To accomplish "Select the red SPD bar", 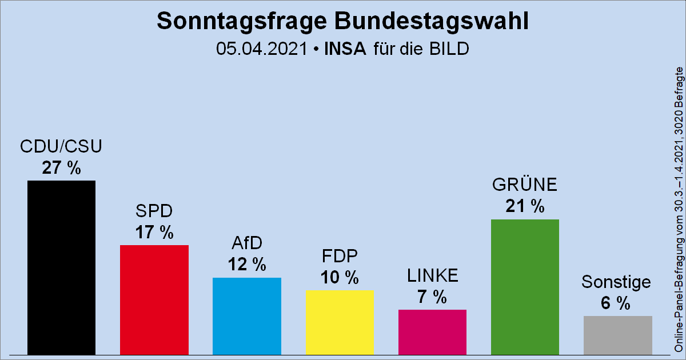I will (154, 299).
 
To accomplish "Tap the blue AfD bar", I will (246, 316).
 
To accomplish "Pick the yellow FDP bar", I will (340, 322).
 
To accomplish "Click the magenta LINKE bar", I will (432, 332).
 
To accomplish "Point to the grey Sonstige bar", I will (617, 335).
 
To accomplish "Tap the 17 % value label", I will (154, 233).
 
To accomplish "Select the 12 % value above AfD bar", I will (246, 265).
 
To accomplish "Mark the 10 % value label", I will (340, 278).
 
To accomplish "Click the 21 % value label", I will (525, 206).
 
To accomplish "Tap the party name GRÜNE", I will (525, 185).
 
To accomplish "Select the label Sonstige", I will (616, 282).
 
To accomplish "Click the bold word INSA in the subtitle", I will (345, 49).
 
